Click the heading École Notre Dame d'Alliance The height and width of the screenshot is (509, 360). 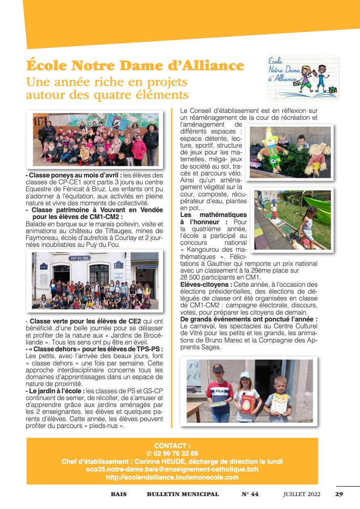(135, 65)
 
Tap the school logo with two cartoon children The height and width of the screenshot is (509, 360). (303, 77)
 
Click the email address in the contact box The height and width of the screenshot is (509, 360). (172, 469)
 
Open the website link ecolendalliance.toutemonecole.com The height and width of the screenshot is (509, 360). (172, 477)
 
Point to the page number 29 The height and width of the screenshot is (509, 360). (339, 494)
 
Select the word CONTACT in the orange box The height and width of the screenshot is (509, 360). (170, 446)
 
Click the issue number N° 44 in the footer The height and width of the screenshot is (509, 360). (250, 494)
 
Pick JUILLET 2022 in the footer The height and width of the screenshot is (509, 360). (302, 494)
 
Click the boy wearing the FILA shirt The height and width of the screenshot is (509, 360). (220, 393)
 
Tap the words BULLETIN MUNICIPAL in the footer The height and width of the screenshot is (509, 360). (183, 494)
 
